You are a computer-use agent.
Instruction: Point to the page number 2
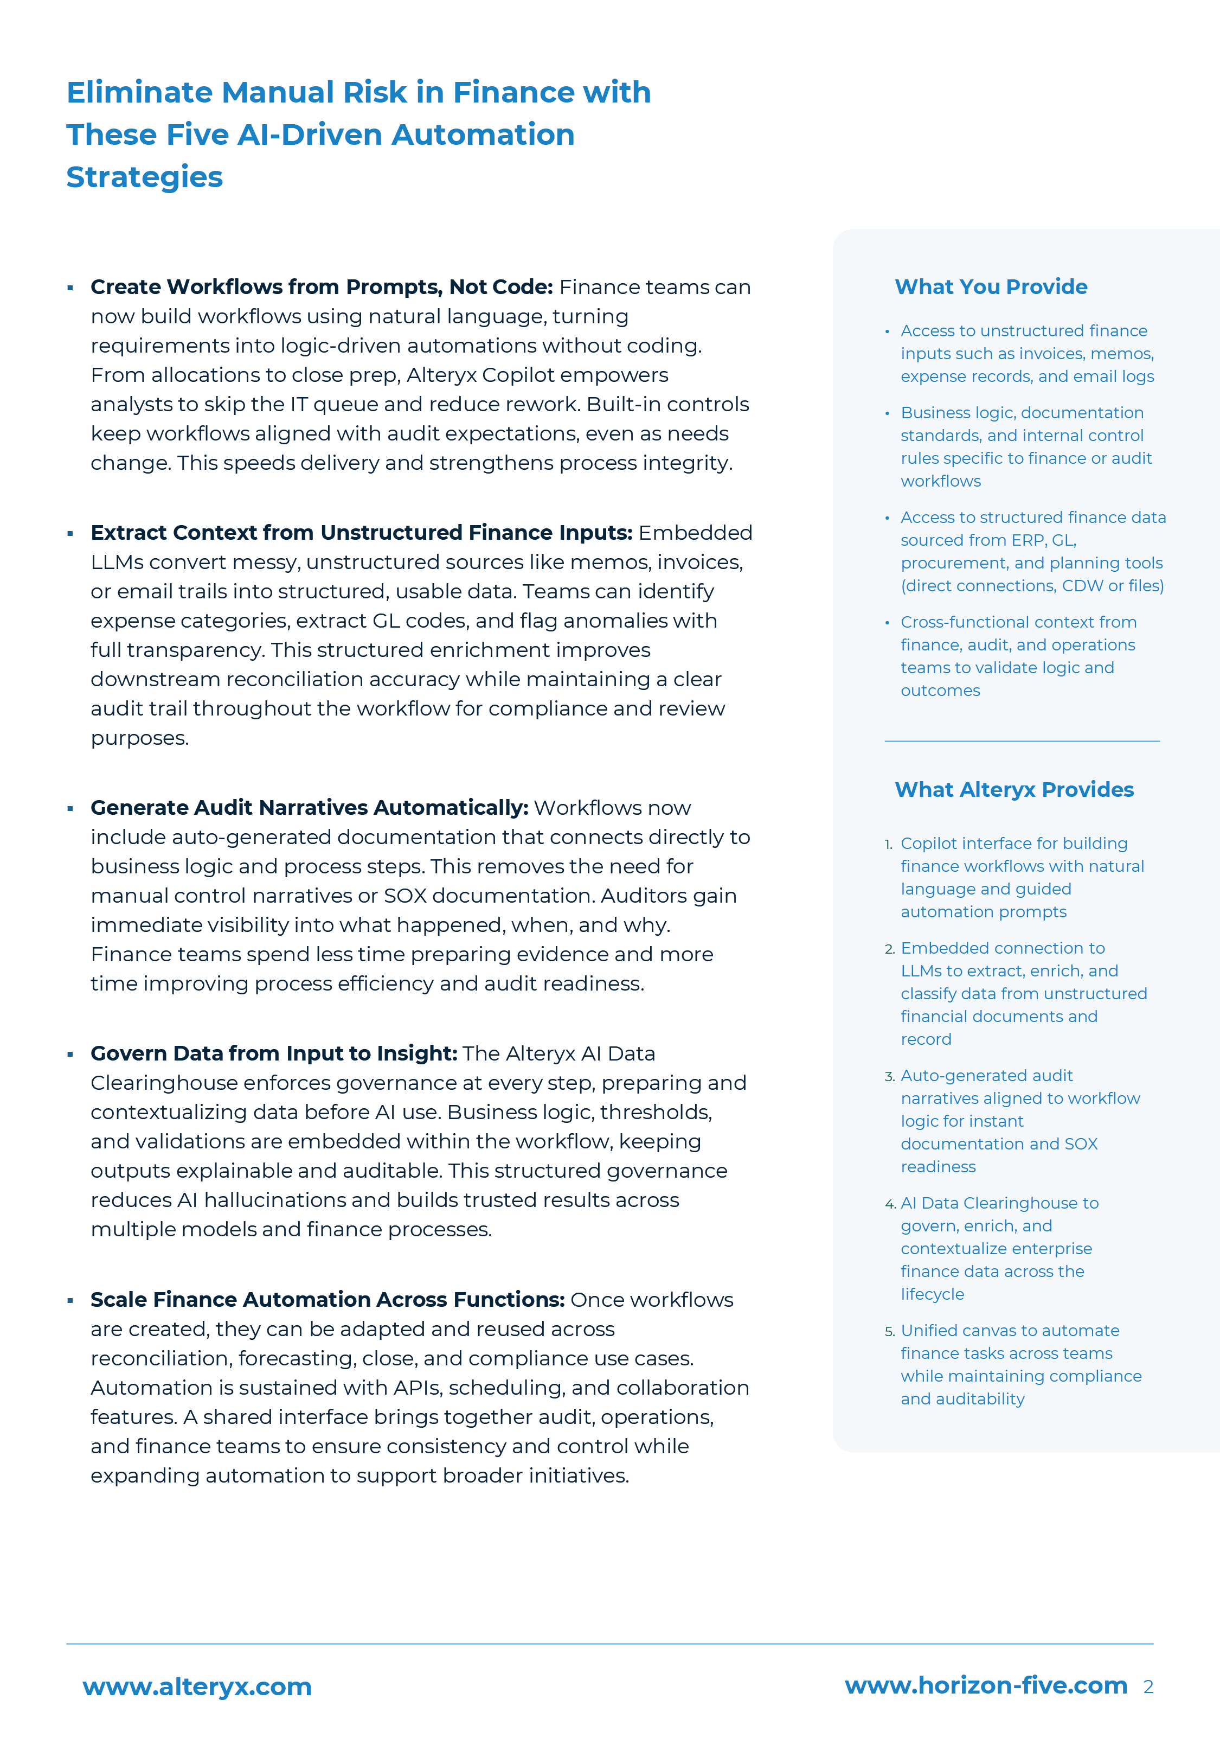click(x=1147, y=1687)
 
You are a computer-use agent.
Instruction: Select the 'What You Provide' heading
click(x=991, y=287)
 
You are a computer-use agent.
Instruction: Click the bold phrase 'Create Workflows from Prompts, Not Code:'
click(x=321, y=287)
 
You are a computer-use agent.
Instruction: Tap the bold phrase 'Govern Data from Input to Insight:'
click(x=274, y=1053)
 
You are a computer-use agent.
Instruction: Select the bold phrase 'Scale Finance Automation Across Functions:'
click(x=327, y=1299)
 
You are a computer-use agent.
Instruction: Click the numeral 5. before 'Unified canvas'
click(x=889, y=1331)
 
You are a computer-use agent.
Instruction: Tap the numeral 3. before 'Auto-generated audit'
click(x=889, y=1076)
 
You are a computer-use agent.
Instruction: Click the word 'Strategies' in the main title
click(x=144, y=177)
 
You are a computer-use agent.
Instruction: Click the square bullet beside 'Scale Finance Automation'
click(x=70, y=1300)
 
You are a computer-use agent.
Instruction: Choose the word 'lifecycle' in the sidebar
click(x=932, y=1294)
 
